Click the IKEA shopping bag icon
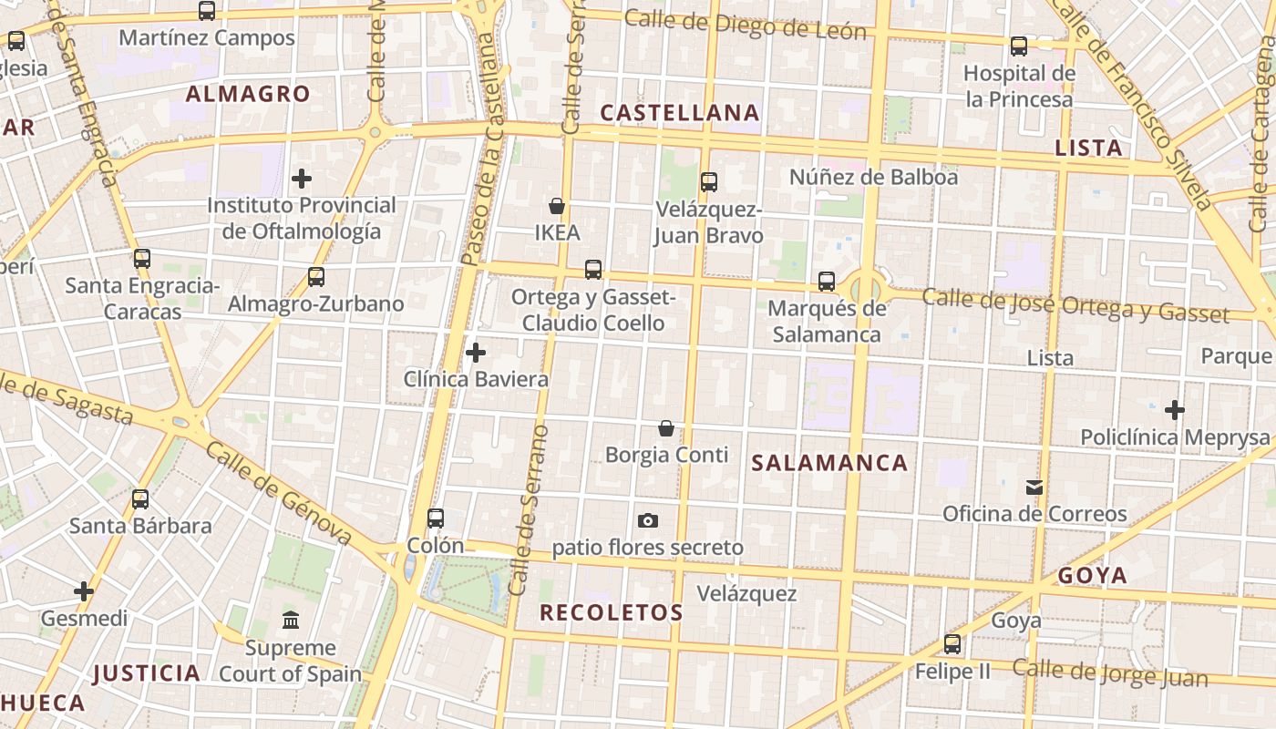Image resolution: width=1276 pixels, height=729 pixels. [557, 207]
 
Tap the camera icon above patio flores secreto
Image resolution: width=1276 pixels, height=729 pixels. [648, 520]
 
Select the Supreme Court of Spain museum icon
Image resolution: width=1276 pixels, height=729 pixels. [291, 621]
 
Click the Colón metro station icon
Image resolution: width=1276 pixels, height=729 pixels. [436, 519]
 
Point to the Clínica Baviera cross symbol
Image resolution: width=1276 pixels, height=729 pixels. [476, 353]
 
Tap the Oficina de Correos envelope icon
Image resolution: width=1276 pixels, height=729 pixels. [1034, 488]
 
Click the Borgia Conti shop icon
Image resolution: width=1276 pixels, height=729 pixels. [666, 428]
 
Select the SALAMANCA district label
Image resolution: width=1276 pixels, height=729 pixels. [829, 463]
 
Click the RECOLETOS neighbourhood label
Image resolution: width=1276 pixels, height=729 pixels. [611, 612]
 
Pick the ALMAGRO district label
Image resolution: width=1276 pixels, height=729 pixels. [248, 94]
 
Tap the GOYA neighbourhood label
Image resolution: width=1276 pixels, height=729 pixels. [1093, 575]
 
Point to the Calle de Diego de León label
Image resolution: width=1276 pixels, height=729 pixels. [745, 25]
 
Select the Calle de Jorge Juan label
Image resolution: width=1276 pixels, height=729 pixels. [1110, 673]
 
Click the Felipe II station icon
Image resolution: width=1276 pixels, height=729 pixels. [952, 644]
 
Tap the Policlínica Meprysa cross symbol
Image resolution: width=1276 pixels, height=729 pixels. [1175, 410]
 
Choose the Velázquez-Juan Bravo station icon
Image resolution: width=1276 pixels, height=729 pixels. [709, 182]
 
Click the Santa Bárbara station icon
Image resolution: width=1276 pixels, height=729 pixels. [140, 499]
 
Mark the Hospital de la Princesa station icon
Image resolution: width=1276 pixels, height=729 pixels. [1019, 46]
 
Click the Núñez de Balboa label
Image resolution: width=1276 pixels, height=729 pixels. [873, 177]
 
